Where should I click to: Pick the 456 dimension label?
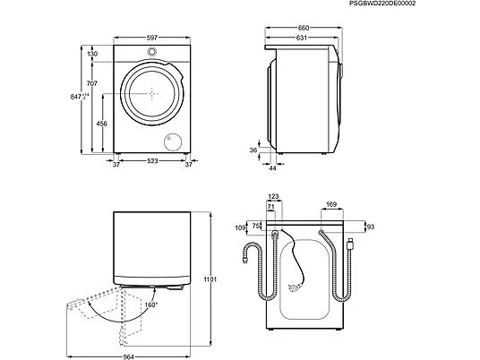[93, 124]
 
